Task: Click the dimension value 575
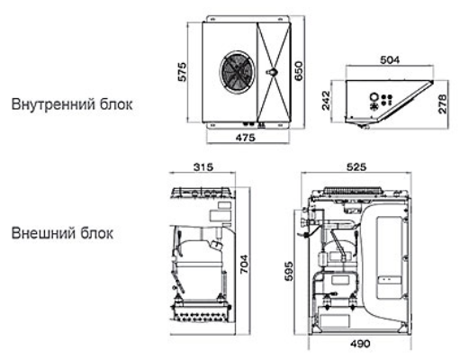coord(182,72)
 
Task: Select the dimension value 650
coord(299,71)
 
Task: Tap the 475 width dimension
coord(245,138)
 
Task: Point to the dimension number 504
coord(390,60)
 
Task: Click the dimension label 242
coord(326,101)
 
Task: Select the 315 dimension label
coord(203,166)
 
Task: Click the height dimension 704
coord(244,264)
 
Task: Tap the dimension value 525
coord(356,166)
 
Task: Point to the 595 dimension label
coord(288,271)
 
